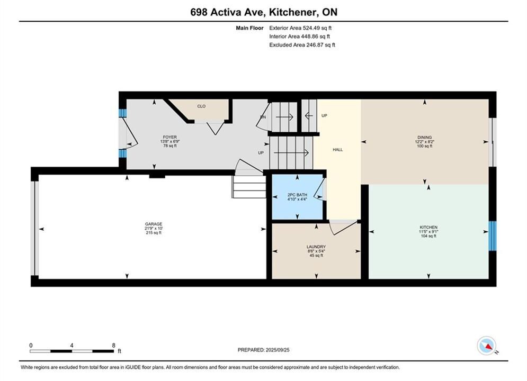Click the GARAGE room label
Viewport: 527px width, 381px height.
tap(154, 224)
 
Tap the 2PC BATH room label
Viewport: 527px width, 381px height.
tap(298, 195)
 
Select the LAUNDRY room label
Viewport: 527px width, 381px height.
tap(316, 247)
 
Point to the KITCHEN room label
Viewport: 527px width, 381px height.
tap(428, 227)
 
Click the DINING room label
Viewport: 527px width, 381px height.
tap(424, 137)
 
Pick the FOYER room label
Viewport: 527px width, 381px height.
tap(169, 137)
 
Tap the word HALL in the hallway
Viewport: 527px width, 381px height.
tap(338, 150)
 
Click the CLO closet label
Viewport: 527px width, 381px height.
tap(201, 106)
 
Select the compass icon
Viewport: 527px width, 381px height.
tap(486, 346)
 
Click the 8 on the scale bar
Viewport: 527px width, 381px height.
tap(113, 345)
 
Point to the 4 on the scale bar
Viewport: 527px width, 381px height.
tap(72, 345)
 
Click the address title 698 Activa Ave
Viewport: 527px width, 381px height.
tap(229, 12)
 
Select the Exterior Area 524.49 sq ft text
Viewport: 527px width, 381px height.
tap(300, 28)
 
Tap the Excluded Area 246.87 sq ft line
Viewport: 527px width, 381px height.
tap(302, 45)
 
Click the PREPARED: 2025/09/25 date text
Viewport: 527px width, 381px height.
tap(264, 350)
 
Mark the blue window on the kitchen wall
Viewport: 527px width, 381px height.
tap(493, 235)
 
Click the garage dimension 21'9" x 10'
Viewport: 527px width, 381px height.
tap(154, 228)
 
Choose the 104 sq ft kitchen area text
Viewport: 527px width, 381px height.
tap(428, 235)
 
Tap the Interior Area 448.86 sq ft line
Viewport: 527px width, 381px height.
tap(299, 37)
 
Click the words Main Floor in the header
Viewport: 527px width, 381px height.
tap(249, 28)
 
